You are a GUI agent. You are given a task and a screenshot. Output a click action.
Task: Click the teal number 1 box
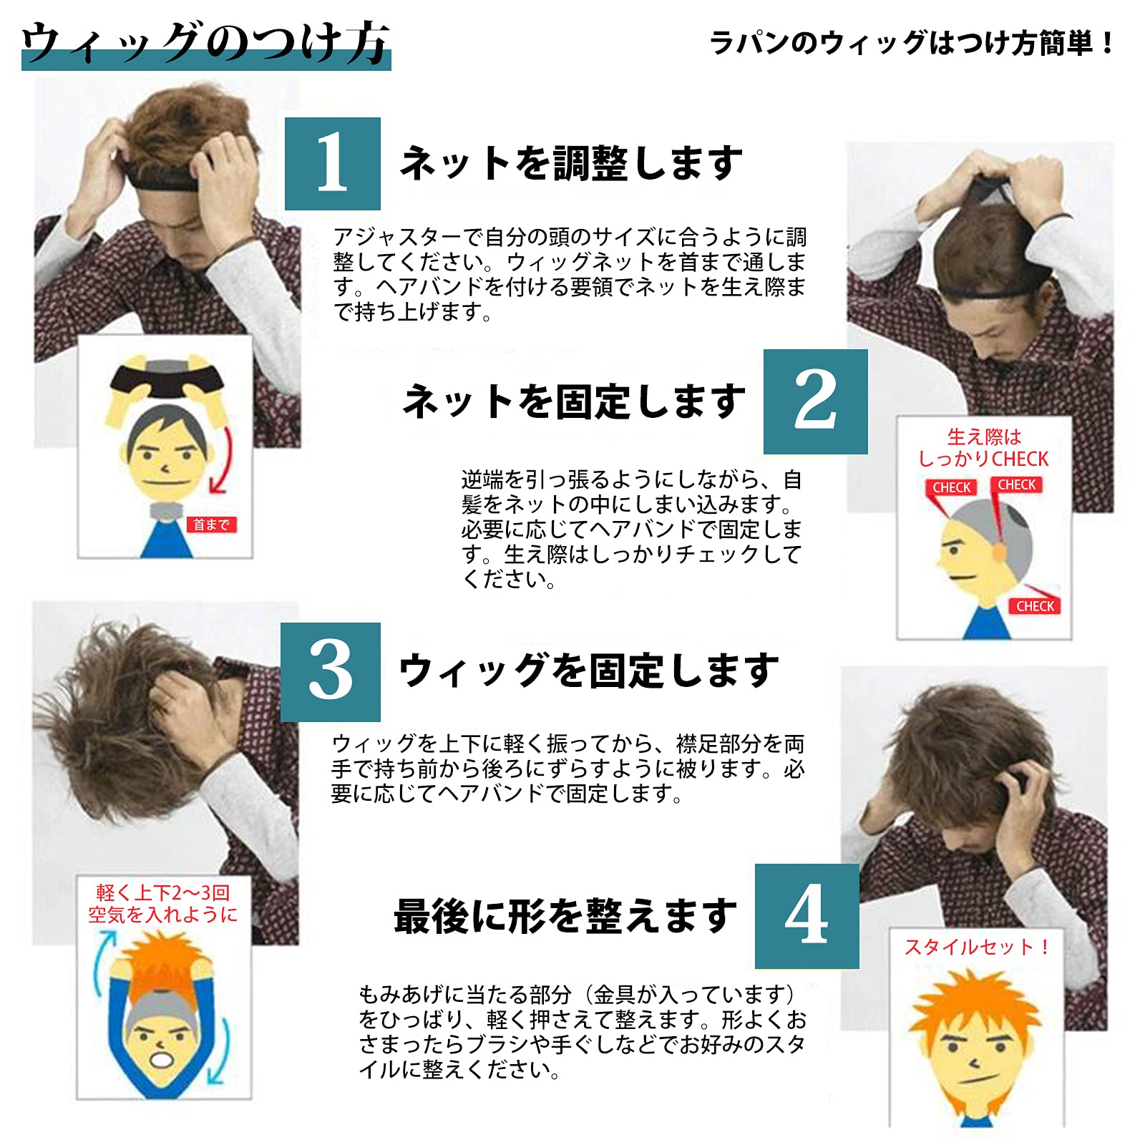point(332,164)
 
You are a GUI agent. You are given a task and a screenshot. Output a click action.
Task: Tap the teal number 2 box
point(815,401)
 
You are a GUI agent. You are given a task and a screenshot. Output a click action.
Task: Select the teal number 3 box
point(330,672)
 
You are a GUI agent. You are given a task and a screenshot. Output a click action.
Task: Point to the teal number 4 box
point(807,916)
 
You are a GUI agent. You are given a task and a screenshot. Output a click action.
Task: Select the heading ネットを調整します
point(570,163)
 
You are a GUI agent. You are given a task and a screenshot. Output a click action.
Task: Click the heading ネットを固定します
point(574,401)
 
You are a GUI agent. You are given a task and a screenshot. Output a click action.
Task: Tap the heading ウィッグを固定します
point(588,671)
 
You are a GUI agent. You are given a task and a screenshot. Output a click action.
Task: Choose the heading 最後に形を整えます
point(565,916)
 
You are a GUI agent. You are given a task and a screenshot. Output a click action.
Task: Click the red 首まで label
point(211,525)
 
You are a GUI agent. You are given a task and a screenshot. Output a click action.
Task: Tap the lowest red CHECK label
point(1035,606)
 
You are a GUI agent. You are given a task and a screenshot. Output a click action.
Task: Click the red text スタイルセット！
point(977,947)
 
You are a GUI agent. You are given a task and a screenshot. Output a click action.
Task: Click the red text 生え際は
point(984,436)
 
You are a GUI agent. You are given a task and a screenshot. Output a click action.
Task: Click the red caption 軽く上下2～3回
point(163,892)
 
